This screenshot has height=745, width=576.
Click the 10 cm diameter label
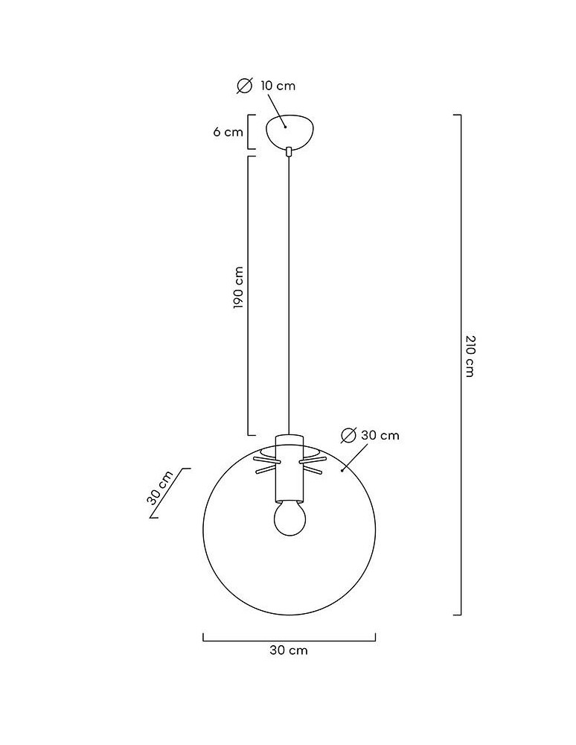(x=278, y=86)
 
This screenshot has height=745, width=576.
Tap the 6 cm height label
(x=228, y=132)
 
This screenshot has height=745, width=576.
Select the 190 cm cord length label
(x=238, y=288)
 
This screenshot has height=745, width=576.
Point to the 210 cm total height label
(x=470, y=356)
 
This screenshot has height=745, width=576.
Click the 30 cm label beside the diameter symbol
(x=380, y=435)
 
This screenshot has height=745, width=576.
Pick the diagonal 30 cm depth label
(x=160, y=488)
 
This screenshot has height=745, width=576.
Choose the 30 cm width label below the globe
(x=289, y=650)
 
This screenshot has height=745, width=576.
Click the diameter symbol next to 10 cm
(x=245, y=86)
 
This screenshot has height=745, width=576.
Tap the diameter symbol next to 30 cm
(x=349, y=435)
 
